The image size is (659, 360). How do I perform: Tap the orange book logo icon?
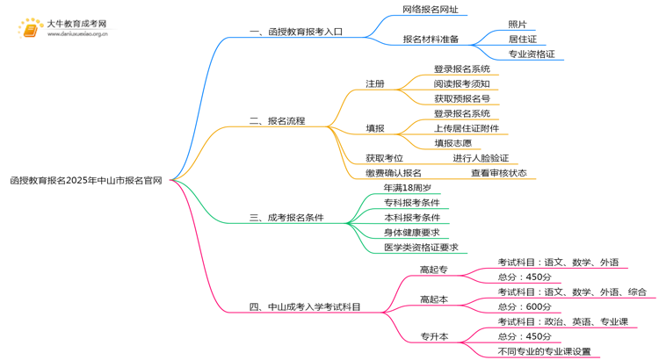point(31,30)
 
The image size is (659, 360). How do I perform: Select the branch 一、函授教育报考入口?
point(296,32)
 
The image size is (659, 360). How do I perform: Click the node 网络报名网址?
point(430,10)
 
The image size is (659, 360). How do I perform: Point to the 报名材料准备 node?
point(431,40)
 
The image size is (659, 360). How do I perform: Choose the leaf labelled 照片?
point(518,25)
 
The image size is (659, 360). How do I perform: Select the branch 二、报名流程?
point(277,120)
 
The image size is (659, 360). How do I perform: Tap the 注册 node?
point(375,83)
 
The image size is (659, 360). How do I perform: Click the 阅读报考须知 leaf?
point(462,83)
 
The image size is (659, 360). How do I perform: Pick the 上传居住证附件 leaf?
point(466,128)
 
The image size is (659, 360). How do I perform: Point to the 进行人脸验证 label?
point(481,158)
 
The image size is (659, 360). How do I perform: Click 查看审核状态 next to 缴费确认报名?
point(498,173)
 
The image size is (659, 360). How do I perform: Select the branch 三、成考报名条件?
point(286,218)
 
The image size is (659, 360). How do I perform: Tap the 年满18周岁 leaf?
point(408,188)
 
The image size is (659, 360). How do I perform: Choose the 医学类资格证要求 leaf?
point(421,248)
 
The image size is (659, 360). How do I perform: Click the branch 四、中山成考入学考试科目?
point(305,307)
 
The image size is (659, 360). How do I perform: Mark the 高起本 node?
point(433,299)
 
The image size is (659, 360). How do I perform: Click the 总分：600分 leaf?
point(525,306)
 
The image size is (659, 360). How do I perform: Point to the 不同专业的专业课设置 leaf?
point(544,351)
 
